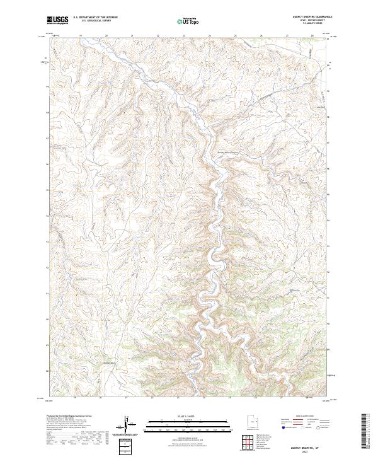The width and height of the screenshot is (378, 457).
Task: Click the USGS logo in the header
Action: coord(59,20)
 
